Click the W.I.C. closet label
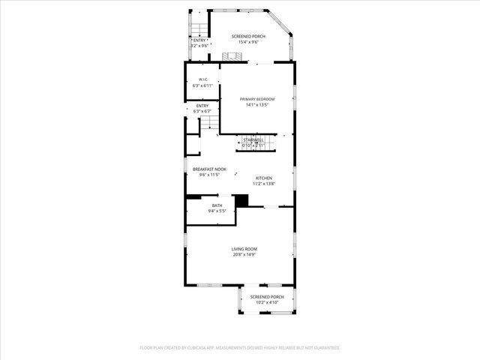click(203, 79)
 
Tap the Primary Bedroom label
click(257, 100)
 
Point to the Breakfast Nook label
click(209, 169)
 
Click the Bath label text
click(217, 205)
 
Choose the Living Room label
click(244, 249)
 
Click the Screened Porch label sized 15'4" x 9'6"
click(248, 37)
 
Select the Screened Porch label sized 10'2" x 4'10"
click(268, 297)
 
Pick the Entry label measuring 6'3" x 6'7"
click(202, 106)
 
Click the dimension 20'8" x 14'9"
click(244, 255)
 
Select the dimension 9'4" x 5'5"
click(217, 211)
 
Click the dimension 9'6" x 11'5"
click(209, 175)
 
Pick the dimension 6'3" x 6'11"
click(203, 85)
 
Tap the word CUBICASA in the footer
click(189, 348)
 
